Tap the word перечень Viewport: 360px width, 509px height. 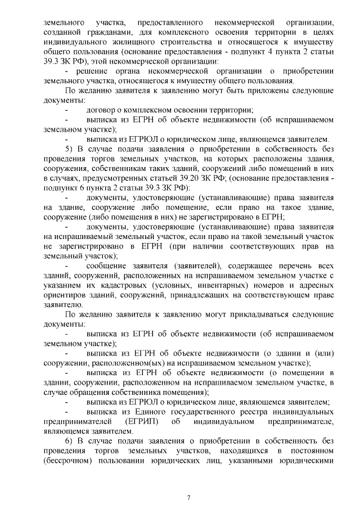[290, 265]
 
